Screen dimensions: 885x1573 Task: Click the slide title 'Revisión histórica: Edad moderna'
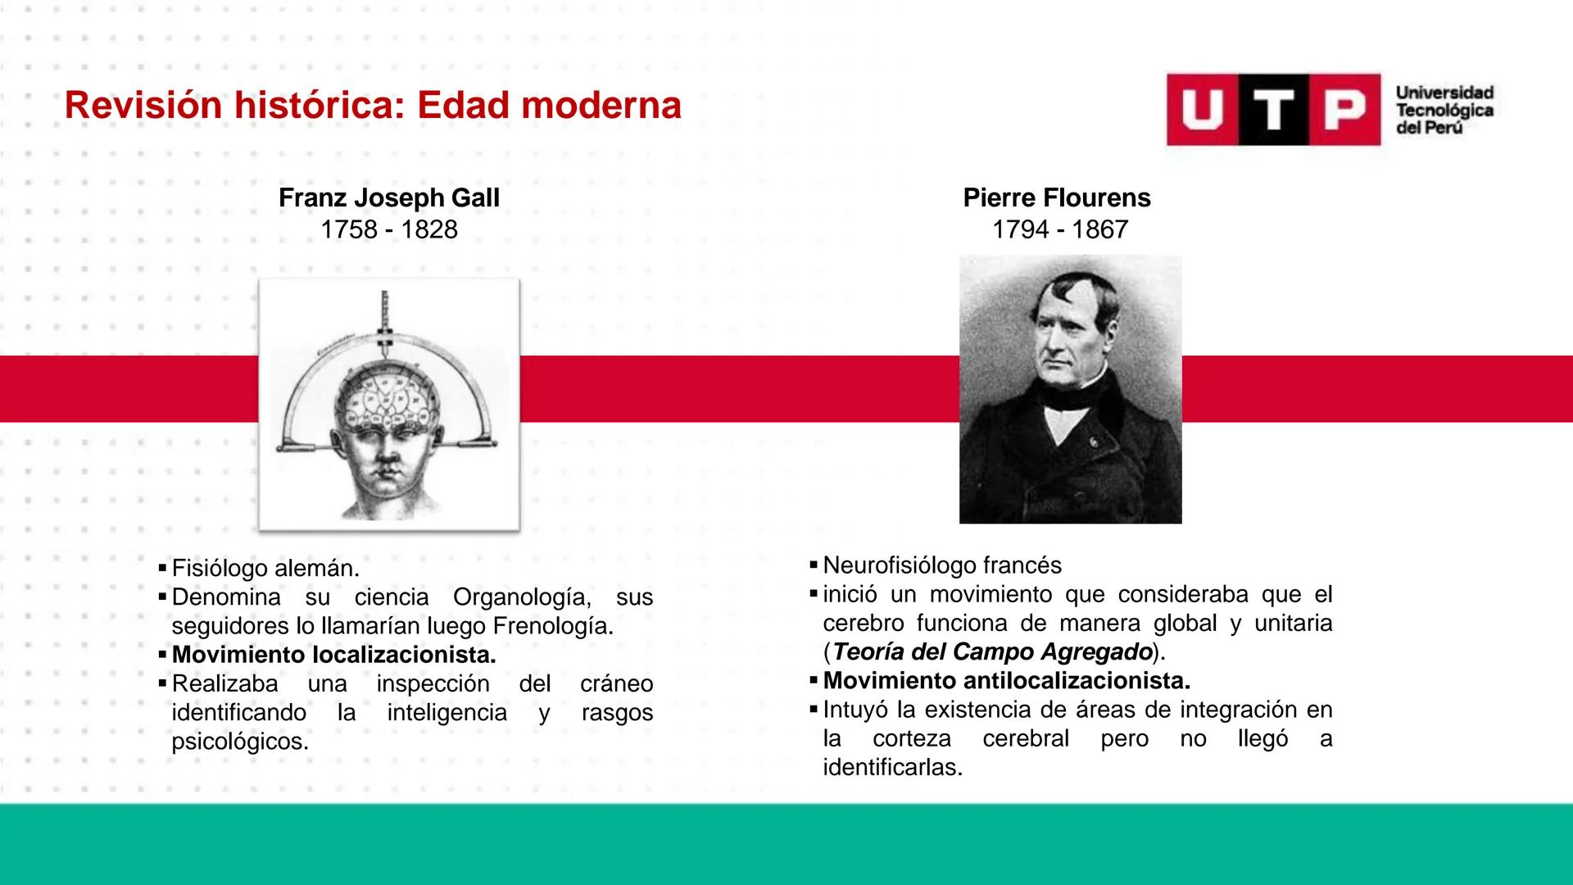pos(373,106)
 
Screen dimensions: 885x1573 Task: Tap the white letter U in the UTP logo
pos(1202,110)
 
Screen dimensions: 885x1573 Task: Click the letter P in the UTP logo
pos(1344,110)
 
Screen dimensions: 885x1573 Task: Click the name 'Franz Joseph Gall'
pos(388,198)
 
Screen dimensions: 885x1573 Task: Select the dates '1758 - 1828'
pos(388,229)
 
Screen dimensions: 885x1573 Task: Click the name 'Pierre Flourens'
pos(1057,198)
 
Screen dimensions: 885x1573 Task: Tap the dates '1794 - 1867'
pos(1059,229)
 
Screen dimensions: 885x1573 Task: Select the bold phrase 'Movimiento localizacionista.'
pos(334,656)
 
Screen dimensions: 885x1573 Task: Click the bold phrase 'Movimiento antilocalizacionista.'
pos(1007,681)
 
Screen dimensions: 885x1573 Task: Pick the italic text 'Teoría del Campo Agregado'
pos(993,652)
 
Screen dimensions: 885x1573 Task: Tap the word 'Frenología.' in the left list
pos(552,627)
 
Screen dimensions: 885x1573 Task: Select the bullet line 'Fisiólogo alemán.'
pos(265,568)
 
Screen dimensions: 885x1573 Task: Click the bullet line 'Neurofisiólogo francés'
pos(942,565)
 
